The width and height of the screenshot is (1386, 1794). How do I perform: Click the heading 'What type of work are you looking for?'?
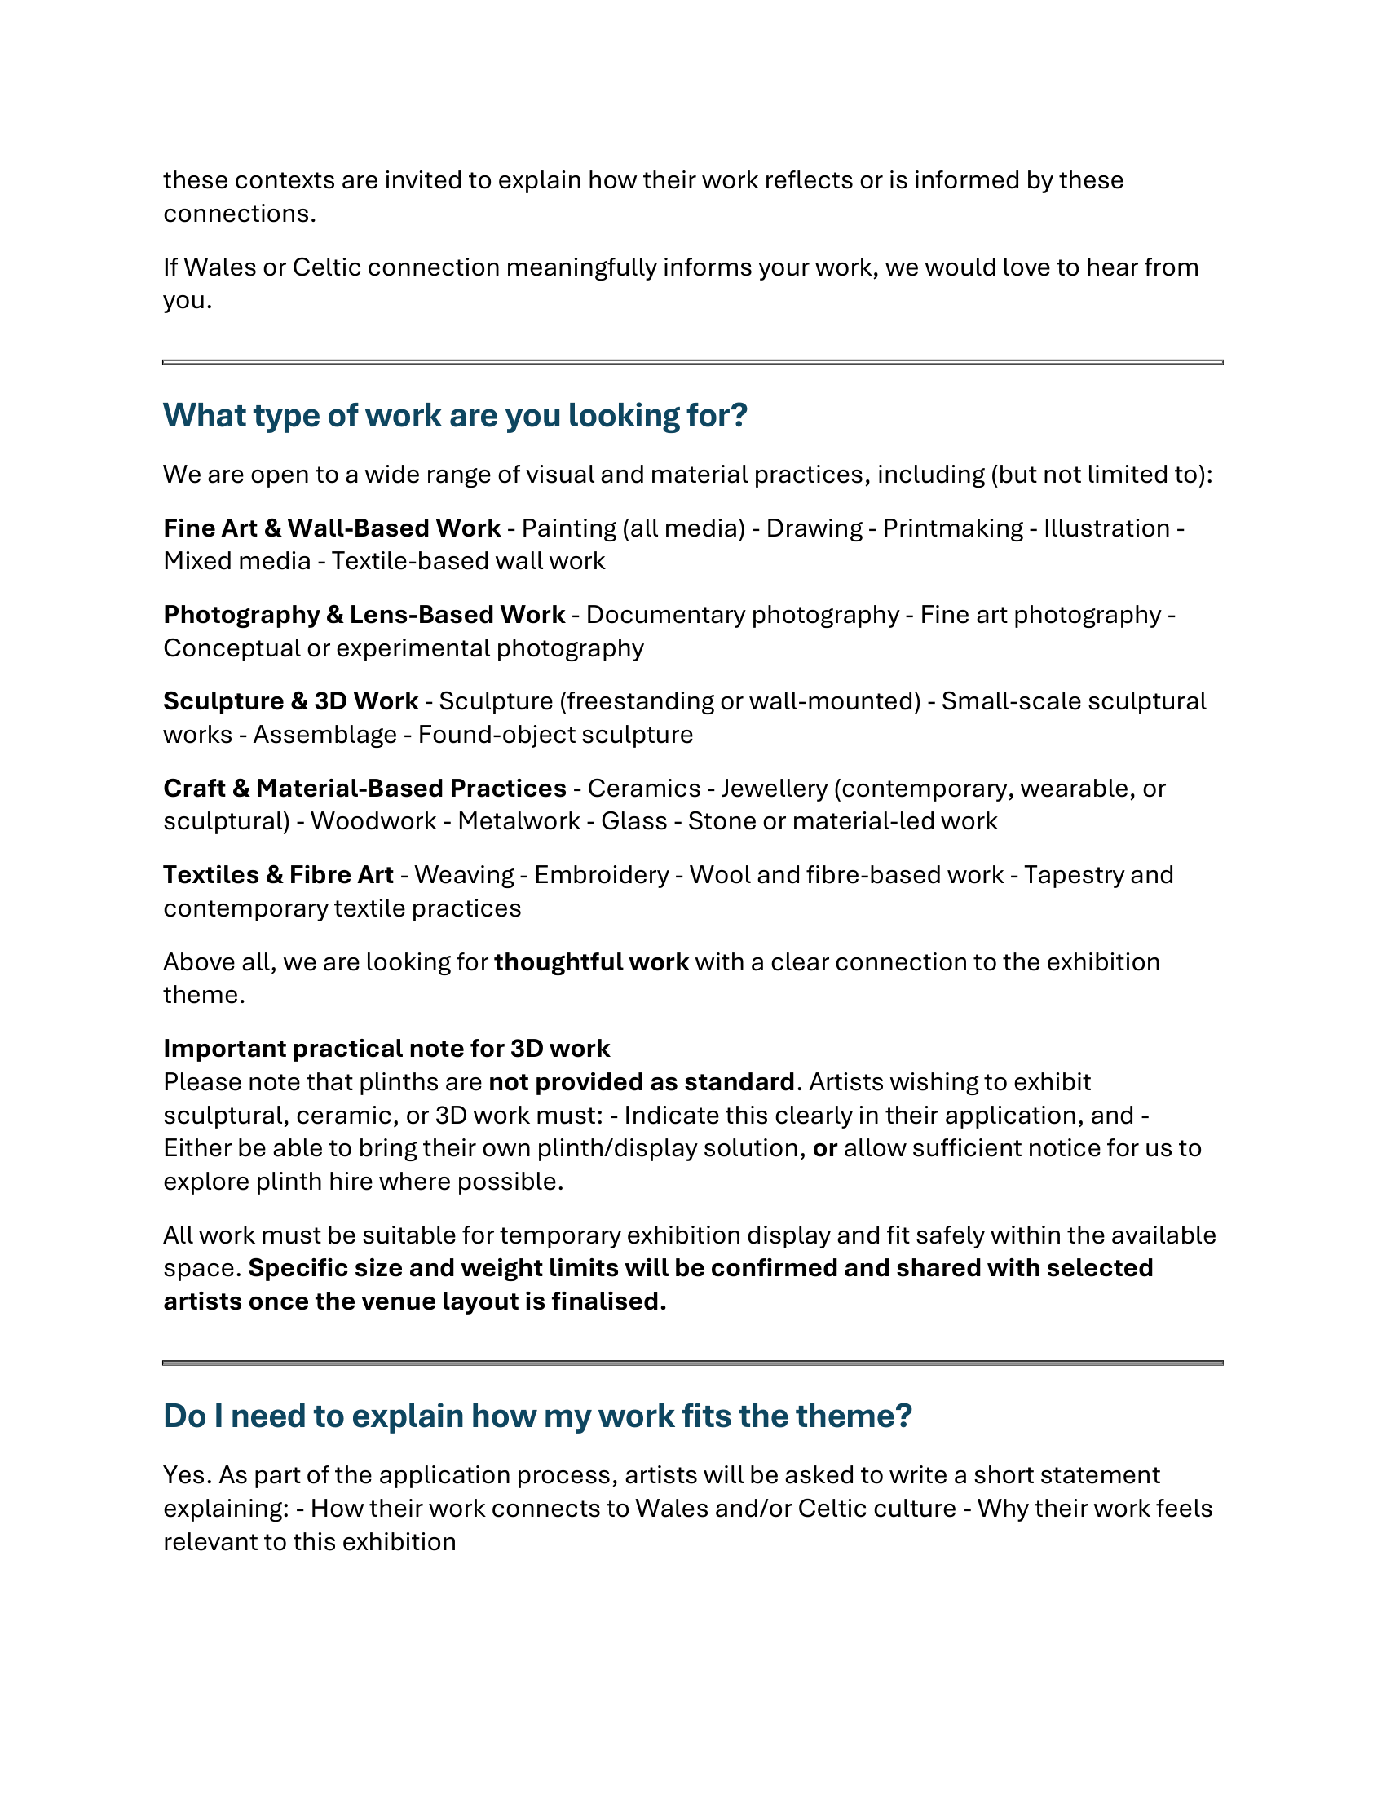tap(455, 416)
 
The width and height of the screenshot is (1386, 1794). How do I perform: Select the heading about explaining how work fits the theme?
tap(537, 1416)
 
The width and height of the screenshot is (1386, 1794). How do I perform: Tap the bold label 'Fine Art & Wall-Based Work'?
tap(332, 528)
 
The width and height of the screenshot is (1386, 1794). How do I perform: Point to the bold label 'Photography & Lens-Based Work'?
tap(364, 614)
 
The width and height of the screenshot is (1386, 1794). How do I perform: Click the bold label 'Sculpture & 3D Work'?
tap(291, 700)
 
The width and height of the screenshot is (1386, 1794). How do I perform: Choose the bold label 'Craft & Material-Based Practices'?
tap(364, 788)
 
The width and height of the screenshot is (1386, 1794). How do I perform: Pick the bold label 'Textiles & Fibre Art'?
tap(278, 875)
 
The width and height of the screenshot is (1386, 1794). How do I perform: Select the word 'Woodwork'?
tap(373, 820)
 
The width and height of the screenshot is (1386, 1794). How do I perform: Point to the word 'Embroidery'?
tap(601, 875)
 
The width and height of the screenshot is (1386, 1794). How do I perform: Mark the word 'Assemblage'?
tap(325, 735)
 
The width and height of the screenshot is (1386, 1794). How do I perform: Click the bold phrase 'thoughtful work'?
tap(591, 962)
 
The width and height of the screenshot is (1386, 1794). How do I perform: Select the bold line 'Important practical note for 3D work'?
tap(386, 1049)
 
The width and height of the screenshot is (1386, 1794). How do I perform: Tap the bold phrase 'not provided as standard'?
tap(642, 1082)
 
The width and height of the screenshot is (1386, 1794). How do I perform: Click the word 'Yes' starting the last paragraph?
tap(187, 1475)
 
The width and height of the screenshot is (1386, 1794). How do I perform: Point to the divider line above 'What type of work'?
tap(692, 361)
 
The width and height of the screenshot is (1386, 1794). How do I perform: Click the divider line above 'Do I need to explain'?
tap(692, 1363)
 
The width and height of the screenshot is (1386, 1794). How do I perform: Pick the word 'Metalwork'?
tap(519, 820)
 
